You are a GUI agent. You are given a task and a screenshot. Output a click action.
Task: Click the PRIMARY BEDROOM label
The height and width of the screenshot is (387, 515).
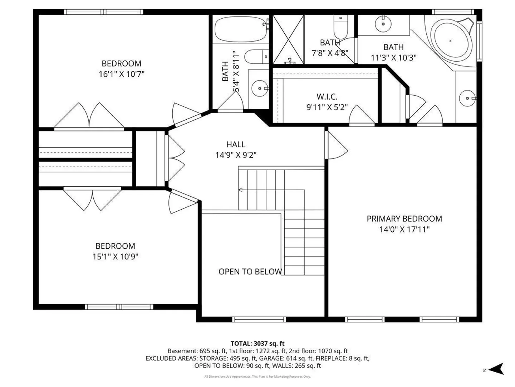pyautogui.click(x=404, y=219)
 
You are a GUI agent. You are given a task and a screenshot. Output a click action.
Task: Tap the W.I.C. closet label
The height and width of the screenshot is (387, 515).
pyautogui.click(x=327, y=97)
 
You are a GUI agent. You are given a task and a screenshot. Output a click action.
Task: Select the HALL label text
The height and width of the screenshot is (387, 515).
pyautogui.click(x=236, y=144)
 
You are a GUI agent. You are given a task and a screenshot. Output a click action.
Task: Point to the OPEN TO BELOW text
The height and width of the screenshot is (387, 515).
pyautogui.click(x=250, y=272)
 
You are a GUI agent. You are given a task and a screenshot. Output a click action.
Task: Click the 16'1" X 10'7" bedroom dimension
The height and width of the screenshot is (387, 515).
pyautogui.click(x=122, y=74)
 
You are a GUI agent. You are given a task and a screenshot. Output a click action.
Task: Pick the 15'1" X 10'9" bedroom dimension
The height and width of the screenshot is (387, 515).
pyautogui.click(x=115, y=257)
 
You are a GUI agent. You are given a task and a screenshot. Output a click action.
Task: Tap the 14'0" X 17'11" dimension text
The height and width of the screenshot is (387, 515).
pyautogui.click(x=404, y=229)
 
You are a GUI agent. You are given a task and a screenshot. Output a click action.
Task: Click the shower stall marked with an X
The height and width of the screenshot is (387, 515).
pyautogui.click(x=288, y=39)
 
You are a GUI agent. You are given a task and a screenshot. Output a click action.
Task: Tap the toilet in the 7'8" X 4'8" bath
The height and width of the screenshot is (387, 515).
pyautogui.click(x=340, y=27)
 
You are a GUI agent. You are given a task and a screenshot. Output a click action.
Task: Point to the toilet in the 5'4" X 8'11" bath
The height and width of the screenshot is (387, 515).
pyautogui.click(x=256, y=56)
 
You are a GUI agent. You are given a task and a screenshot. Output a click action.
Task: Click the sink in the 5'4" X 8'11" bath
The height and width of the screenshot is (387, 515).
pyautogui.click(x=260, y=89)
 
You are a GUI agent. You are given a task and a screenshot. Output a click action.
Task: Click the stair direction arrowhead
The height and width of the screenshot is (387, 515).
pyautogui.click(x=240, y=190)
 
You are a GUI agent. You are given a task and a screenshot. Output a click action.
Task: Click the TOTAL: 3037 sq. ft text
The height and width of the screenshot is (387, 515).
pyautogui.click(x=257, y=344)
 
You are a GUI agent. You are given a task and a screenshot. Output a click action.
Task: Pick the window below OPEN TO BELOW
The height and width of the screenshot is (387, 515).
pyautogui.click(x=259, y=319)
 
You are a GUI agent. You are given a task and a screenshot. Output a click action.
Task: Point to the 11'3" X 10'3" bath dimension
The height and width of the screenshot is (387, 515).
pyautogui.click(x=393, y=58)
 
